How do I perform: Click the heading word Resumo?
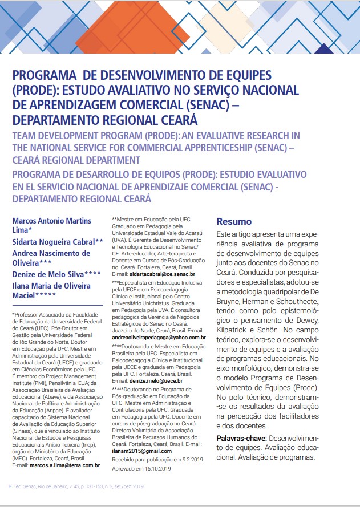click(234, 222)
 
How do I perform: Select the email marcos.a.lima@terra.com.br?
click(64, 465)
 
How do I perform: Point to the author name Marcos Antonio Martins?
click(51, 221)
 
